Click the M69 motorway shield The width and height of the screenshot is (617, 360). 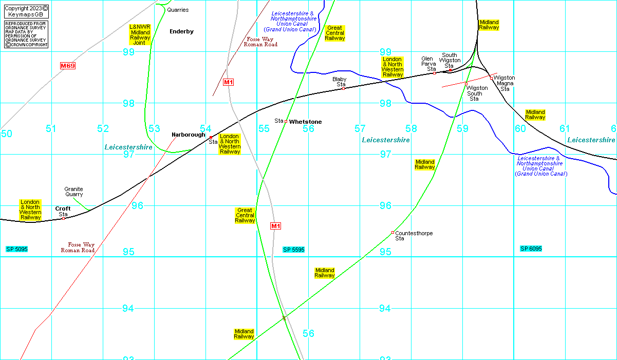68,66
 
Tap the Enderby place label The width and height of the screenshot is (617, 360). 181,31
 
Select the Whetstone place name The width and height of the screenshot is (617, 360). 305,122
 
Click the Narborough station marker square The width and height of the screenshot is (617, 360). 211,137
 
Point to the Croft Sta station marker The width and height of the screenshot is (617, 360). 63,218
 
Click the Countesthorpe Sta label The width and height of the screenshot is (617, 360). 414,236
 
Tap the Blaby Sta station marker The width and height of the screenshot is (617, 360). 343,89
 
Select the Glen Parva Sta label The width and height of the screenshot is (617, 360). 428,64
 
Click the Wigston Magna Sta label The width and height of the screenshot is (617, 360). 504,83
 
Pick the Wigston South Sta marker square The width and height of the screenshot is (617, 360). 466,84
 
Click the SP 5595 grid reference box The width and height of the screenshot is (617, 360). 294,250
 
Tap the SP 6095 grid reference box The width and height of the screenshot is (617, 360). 531,249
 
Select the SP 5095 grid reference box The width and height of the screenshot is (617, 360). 17,249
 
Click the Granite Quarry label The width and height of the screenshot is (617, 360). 73,192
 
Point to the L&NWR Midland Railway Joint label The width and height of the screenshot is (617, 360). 140,35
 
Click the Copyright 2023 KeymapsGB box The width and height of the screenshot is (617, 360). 26,12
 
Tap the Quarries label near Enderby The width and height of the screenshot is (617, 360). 178,10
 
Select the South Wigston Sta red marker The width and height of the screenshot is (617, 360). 450,70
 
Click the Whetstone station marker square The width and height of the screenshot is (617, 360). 286,122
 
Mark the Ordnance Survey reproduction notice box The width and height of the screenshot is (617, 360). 26,34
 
